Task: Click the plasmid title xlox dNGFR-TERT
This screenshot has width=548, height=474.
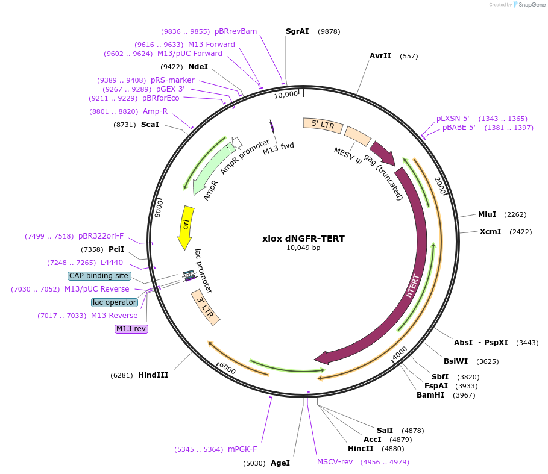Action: click(x=303, y=239)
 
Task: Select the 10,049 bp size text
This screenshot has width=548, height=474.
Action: click(x=303, y=248)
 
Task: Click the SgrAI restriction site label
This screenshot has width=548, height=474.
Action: click(x=297, y=31)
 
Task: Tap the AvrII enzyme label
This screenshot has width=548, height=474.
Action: click(x=380, y=56)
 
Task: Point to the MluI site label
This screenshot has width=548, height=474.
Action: click(x=487, y=214)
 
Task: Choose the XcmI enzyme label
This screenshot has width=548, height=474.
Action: click(x=490, y=232)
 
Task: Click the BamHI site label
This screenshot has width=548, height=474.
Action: click(x=430, y=395)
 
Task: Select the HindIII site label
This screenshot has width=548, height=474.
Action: click(x=153, y=375)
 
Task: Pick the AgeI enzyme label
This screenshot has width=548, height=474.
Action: click(x=280, y=463)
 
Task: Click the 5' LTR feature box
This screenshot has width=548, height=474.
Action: click(x=323, y=125)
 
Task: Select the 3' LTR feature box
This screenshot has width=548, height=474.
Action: click(x=206, y=308)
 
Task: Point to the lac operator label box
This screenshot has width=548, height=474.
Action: click(x=115, y=302)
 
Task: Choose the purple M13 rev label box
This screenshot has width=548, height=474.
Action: click(x=131, y=329)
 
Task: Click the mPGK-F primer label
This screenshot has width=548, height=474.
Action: click(x=242, y=449)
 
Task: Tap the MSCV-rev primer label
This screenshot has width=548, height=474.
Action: click(x=335, y=462)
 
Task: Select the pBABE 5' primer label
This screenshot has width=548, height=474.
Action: click(x=459, y=128)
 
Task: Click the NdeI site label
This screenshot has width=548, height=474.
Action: click(x=198, y=67)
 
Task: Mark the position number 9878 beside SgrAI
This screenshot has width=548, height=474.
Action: click(x=329, y=31)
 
